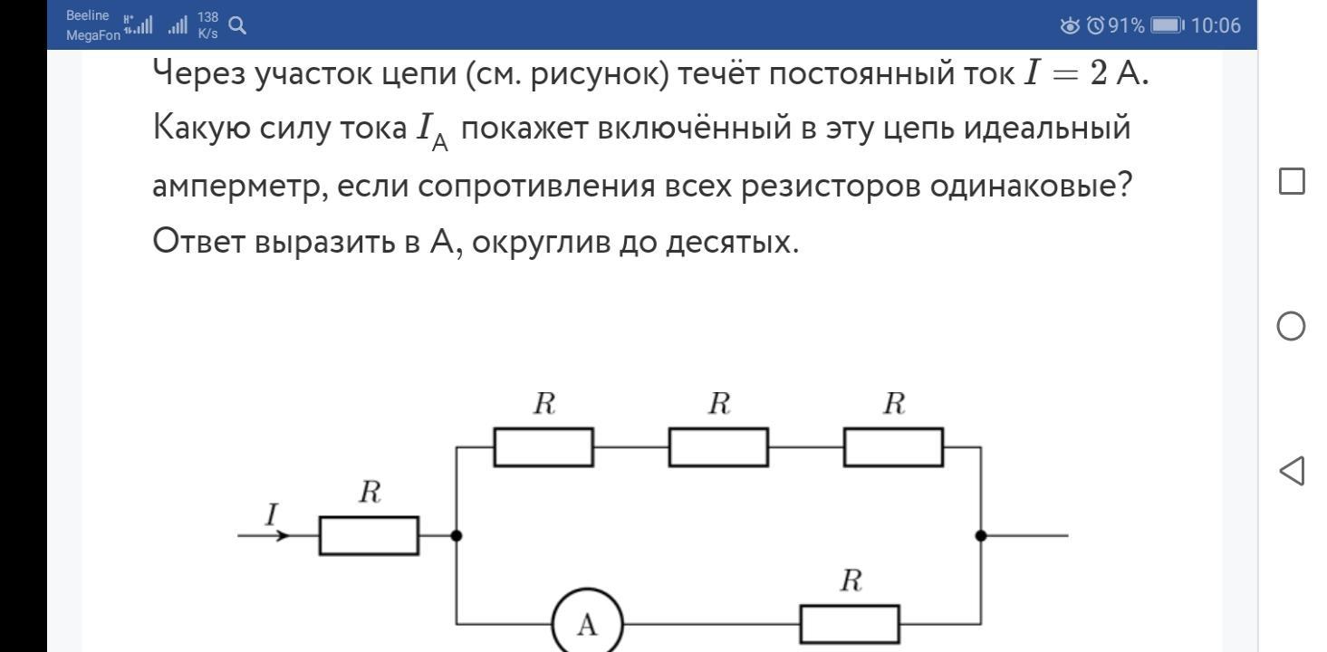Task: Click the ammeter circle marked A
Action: [553, 624]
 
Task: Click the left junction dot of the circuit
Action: [457, 536]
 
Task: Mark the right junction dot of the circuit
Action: [981, 536]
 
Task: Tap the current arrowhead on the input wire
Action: [284, 536]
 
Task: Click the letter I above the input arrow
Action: [272, 514]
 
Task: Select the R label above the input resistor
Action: [370, 492]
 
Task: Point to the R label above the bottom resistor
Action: [851, 580]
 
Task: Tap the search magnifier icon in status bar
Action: [237, 25]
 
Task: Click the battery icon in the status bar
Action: [1168, 25]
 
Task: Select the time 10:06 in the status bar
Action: [1216, 25]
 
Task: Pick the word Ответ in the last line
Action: [198, 241]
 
